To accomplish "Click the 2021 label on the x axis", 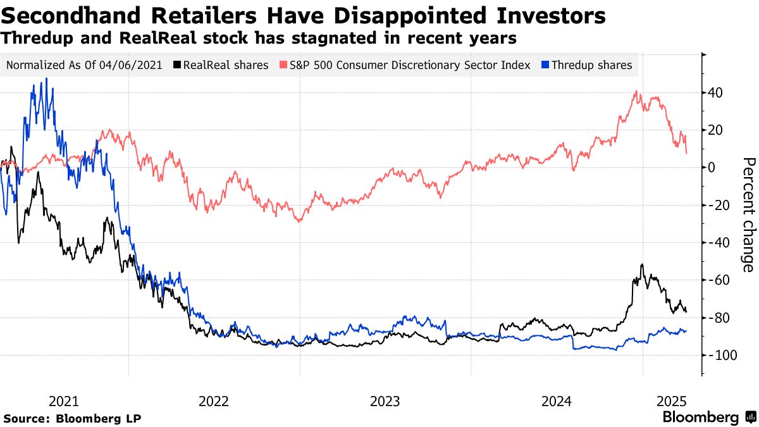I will click(63, 401).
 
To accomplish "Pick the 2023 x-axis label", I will click(385, 401).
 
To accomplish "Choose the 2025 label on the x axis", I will click(672, 401).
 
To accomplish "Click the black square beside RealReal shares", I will click(178, 65).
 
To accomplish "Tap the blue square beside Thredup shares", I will click(546, 65).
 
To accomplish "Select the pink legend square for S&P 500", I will click(284, 65).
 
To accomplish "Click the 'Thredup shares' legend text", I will click(591, 65).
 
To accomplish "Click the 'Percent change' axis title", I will click(748, 215).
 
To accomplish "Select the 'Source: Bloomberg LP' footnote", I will click(72, 418).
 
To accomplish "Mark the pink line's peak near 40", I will click(636, 92).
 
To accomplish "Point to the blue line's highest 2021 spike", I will click(46, 78).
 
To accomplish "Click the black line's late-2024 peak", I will click(642, 264).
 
